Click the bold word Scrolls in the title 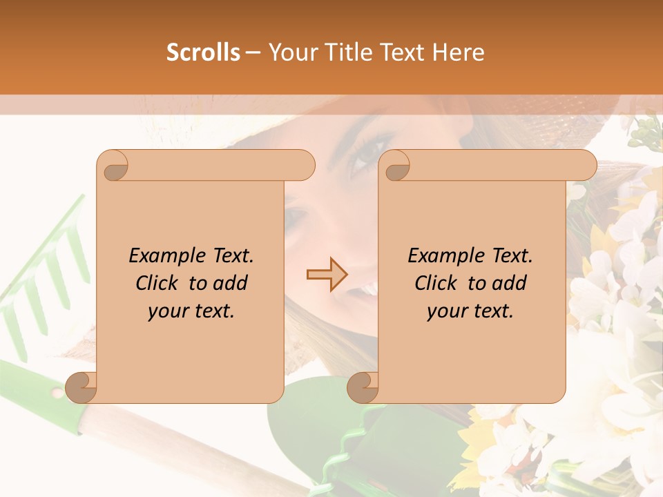[203, 52]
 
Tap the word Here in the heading [458, 52]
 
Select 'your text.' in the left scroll [191, 311]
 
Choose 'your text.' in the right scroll [470, 311]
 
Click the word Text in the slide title [398, 52]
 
